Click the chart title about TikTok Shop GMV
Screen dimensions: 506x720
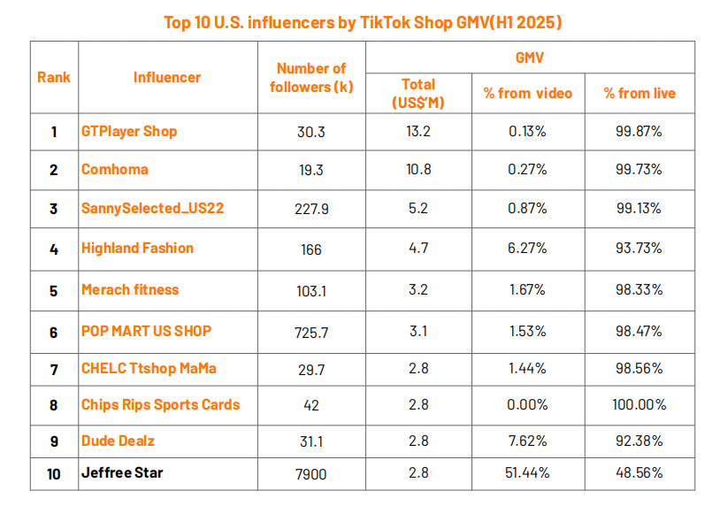[x=363, y=22]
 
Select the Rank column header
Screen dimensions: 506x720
[x=54, y=77]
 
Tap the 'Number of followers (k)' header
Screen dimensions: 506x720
[x=310, y=77]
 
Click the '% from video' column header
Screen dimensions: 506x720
[x=527, y=93]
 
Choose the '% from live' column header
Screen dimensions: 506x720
[x=639, y=93]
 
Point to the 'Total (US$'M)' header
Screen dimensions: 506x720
[x=417, y=93]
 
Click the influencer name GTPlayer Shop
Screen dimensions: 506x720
[x=129, y=132]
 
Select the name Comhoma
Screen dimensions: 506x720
[x=115, y=169]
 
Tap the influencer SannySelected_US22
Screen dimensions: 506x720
[x=152, y=209]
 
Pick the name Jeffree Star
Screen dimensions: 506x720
[x=122, y=472]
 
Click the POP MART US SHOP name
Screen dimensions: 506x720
[x=146, y=331]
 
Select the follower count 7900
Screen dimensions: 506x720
[x=310, y=474]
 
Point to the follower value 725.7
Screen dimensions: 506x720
[x=310, y=332]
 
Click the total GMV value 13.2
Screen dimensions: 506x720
[x=417, y=132]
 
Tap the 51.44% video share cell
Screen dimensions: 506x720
[x=527, y=473]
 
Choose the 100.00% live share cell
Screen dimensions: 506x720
[x=639, y=404]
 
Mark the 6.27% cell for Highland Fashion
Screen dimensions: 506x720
[x=527, y=249]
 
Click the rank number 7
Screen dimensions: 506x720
[x=54, y=368]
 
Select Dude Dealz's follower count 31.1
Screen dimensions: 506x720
[x=310, y=441]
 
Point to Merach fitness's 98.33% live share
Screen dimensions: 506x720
[x=639, y=289]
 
